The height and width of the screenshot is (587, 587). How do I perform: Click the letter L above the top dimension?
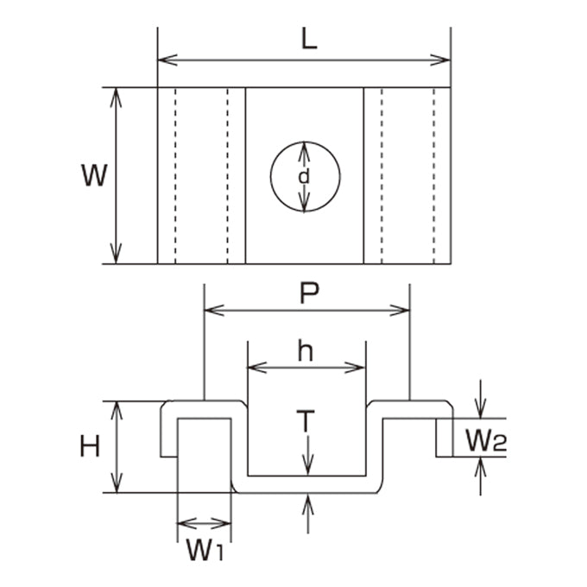coord(309,39)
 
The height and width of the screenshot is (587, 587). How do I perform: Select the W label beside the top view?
coord(94,175)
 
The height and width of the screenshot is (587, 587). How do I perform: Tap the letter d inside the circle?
coord(304,176)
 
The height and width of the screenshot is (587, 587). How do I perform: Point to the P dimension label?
coord(309,293)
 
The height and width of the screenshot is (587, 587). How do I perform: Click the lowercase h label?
coord(305,350)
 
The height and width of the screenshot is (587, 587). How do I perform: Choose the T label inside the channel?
coord(306,420)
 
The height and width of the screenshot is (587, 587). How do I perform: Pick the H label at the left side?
coord(90,446)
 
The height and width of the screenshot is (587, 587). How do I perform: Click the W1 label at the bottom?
coord(205,551)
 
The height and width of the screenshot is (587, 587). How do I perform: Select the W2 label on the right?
coord(486,440)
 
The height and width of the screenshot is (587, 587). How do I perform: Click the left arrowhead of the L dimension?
coord(167,60)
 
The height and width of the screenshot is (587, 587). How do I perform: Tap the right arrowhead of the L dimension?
coord(440,60)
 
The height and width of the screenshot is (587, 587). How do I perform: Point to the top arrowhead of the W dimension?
coord(116,98)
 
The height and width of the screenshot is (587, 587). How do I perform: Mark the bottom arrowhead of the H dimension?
coord(117,483)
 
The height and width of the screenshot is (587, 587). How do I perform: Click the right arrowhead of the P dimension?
coord(400,311)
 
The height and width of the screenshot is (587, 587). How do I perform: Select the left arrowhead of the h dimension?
coord(257,368)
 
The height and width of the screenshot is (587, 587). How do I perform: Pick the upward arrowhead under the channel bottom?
coord(307,503)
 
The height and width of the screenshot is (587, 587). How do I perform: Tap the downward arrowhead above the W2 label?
coord(480,409)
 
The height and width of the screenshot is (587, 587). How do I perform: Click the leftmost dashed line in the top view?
coord(175,175)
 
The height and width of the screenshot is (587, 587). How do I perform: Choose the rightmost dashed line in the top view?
coord(434,175)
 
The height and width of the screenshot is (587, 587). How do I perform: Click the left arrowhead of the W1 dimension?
coord(187,523)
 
